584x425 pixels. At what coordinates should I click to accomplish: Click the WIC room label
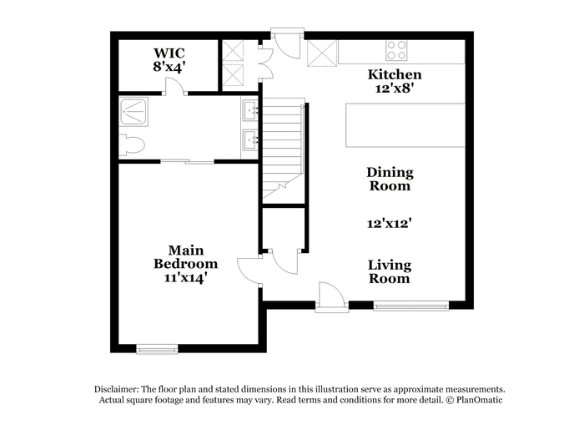(169, 53)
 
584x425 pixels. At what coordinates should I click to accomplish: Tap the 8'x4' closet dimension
(169, 66)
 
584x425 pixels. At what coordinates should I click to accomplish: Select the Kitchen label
(395, 74)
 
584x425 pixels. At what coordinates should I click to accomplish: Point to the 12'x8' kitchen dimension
(395, 89)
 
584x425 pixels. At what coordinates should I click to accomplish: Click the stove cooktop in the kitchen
(396, 50)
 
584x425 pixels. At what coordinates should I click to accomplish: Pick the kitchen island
(405, 125)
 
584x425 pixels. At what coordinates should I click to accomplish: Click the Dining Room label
(390, 179)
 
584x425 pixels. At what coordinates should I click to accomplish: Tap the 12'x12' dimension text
(390, 223)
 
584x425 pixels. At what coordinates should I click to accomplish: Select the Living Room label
(390, 271)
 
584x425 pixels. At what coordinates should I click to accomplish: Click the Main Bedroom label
(185, 257)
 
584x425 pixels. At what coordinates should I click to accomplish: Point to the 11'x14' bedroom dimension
(185, 278)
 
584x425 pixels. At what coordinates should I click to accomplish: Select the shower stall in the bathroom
(133, 112)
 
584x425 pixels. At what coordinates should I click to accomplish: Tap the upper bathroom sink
(250, 110)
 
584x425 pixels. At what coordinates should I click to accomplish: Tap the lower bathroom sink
(250, 139)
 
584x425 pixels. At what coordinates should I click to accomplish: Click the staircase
(284, 151)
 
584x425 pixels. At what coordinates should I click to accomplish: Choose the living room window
(411, 306)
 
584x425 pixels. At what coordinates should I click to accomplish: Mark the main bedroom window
(157, 349)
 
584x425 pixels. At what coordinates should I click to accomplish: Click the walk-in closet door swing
(174, 86)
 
